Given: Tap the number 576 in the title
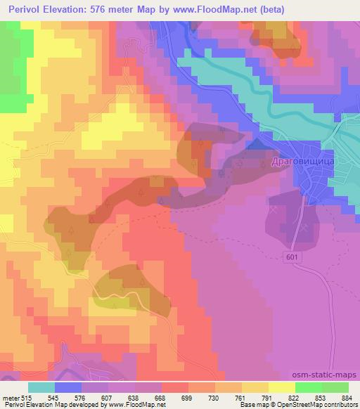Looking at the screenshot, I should (x=110, y=10).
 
